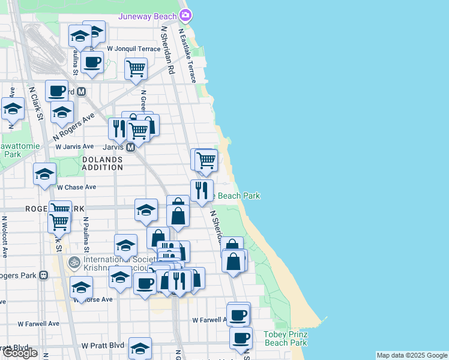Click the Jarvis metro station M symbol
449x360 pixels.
(x=130, y=147)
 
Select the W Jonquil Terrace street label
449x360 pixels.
(x=134, y=49)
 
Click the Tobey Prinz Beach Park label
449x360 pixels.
(x=286, y=338)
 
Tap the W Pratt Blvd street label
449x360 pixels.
(x=103, y=346)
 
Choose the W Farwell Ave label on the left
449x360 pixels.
(x=38, y=323)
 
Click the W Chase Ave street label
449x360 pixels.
(x=76, y=187)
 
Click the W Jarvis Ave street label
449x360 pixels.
(x=74, y=146)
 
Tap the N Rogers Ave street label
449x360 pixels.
(x=74, y=125)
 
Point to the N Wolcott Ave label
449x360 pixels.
(x=4, y=237)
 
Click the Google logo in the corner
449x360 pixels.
(x=19, y=353)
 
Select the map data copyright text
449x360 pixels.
(x=411, y=355)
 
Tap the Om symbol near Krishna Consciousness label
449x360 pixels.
(x=74, y=262)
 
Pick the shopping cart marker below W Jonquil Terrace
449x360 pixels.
(x=136, y=68)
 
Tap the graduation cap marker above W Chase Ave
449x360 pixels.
(x=44, y=174)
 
